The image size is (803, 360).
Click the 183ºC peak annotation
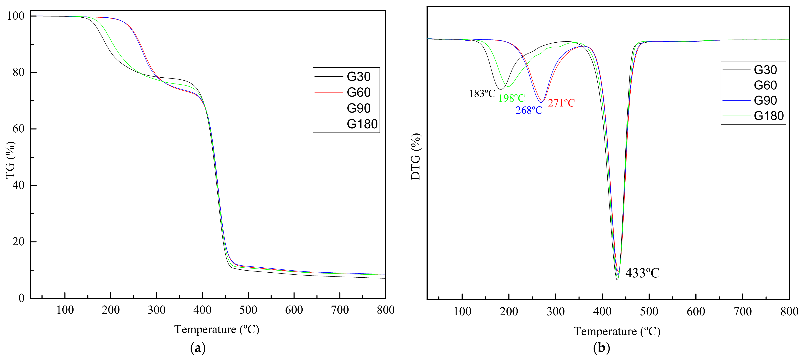(x=482, y=94)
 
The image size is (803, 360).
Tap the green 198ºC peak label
(x=512, y=98)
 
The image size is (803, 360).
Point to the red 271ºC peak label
(x=561, y=103)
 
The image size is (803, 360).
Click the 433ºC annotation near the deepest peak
(x=642, y=273)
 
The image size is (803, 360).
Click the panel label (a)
(x=198, y=348)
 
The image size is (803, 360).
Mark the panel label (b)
(x=601, y=348)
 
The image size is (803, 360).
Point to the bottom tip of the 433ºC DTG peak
(x=617, y=280)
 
